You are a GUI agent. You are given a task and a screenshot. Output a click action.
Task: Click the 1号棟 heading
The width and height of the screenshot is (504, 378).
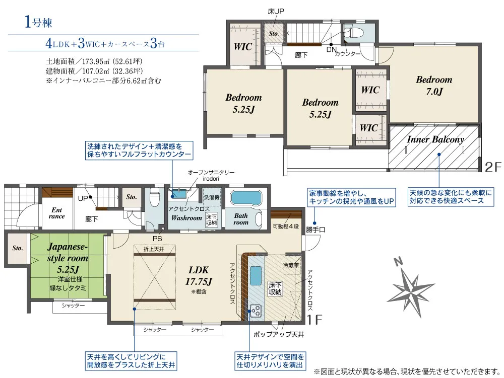(38, 23)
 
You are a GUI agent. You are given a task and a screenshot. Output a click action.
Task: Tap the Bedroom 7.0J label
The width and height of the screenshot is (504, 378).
(434, 86)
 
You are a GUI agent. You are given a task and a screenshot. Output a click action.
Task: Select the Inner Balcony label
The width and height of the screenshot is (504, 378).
(435, 139)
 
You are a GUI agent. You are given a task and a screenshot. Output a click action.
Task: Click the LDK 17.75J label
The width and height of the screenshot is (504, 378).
(199, 275)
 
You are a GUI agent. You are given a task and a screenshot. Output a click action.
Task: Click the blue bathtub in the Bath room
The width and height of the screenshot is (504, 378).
(246, 198)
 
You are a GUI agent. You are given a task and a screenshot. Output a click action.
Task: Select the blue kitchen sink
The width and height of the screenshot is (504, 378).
(256, 275)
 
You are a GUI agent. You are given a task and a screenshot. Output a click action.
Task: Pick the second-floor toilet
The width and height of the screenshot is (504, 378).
(354, 32)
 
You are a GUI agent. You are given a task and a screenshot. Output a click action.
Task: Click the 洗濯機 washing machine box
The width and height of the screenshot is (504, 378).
(212, 197)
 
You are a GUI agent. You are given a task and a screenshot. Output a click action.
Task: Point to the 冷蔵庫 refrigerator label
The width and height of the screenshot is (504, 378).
(291, 265)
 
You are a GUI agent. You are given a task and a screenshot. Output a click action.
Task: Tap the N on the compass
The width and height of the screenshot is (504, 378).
(399, 262)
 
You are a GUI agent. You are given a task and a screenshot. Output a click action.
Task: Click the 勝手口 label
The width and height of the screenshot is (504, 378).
(316, 230)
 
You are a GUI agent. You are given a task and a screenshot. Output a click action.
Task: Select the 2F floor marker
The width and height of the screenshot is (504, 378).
(493, 167)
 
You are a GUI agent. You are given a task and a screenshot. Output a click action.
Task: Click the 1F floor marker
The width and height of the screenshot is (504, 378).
(314, 320)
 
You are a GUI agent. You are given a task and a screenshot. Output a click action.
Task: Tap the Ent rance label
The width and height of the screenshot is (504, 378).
(56, 213)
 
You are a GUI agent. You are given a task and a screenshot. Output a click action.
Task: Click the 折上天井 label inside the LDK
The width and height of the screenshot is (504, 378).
(154, 249)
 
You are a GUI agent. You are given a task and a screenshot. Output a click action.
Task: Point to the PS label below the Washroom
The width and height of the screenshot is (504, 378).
(157, 239)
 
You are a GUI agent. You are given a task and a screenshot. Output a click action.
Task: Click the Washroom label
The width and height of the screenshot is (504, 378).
(186, 218)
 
